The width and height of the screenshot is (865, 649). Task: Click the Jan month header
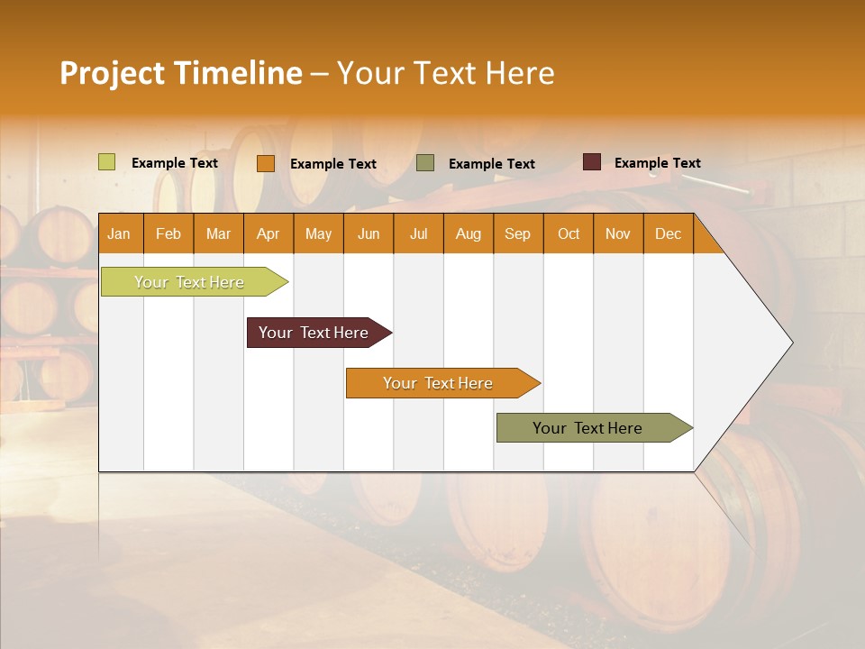click(119, 233)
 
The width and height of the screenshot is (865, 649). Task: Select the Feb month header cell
click(168, 233)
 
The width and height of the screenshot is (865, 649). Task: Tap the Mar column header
click(218, 233)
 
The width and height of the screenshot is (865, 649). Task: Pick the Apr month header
click(269, 233)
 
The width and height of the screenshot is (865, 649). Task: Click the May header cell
click(318, 233)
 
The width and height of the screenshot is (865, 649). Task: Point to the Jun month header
click(369, 233)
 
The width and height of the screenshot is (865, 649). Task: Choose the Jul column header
click(418, 233)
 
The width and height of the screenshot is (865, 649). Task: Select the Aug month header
click(469, 233)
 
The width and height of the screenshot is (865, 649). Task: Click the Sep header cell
click(518, 233)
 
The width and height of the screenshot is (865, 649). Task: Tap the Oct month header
click(569, 233)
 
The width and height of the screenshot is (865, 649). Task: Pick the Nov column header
click(618, 233)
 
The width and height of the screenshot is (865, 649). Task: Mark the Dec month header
click(668, 233)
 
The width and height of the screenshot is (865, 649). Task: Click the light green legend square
click(107, 162)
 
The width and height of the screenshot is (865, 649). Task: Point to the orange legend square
click(266, 163)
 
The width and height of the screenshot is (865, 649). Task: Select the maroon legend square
click(592, 162)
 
